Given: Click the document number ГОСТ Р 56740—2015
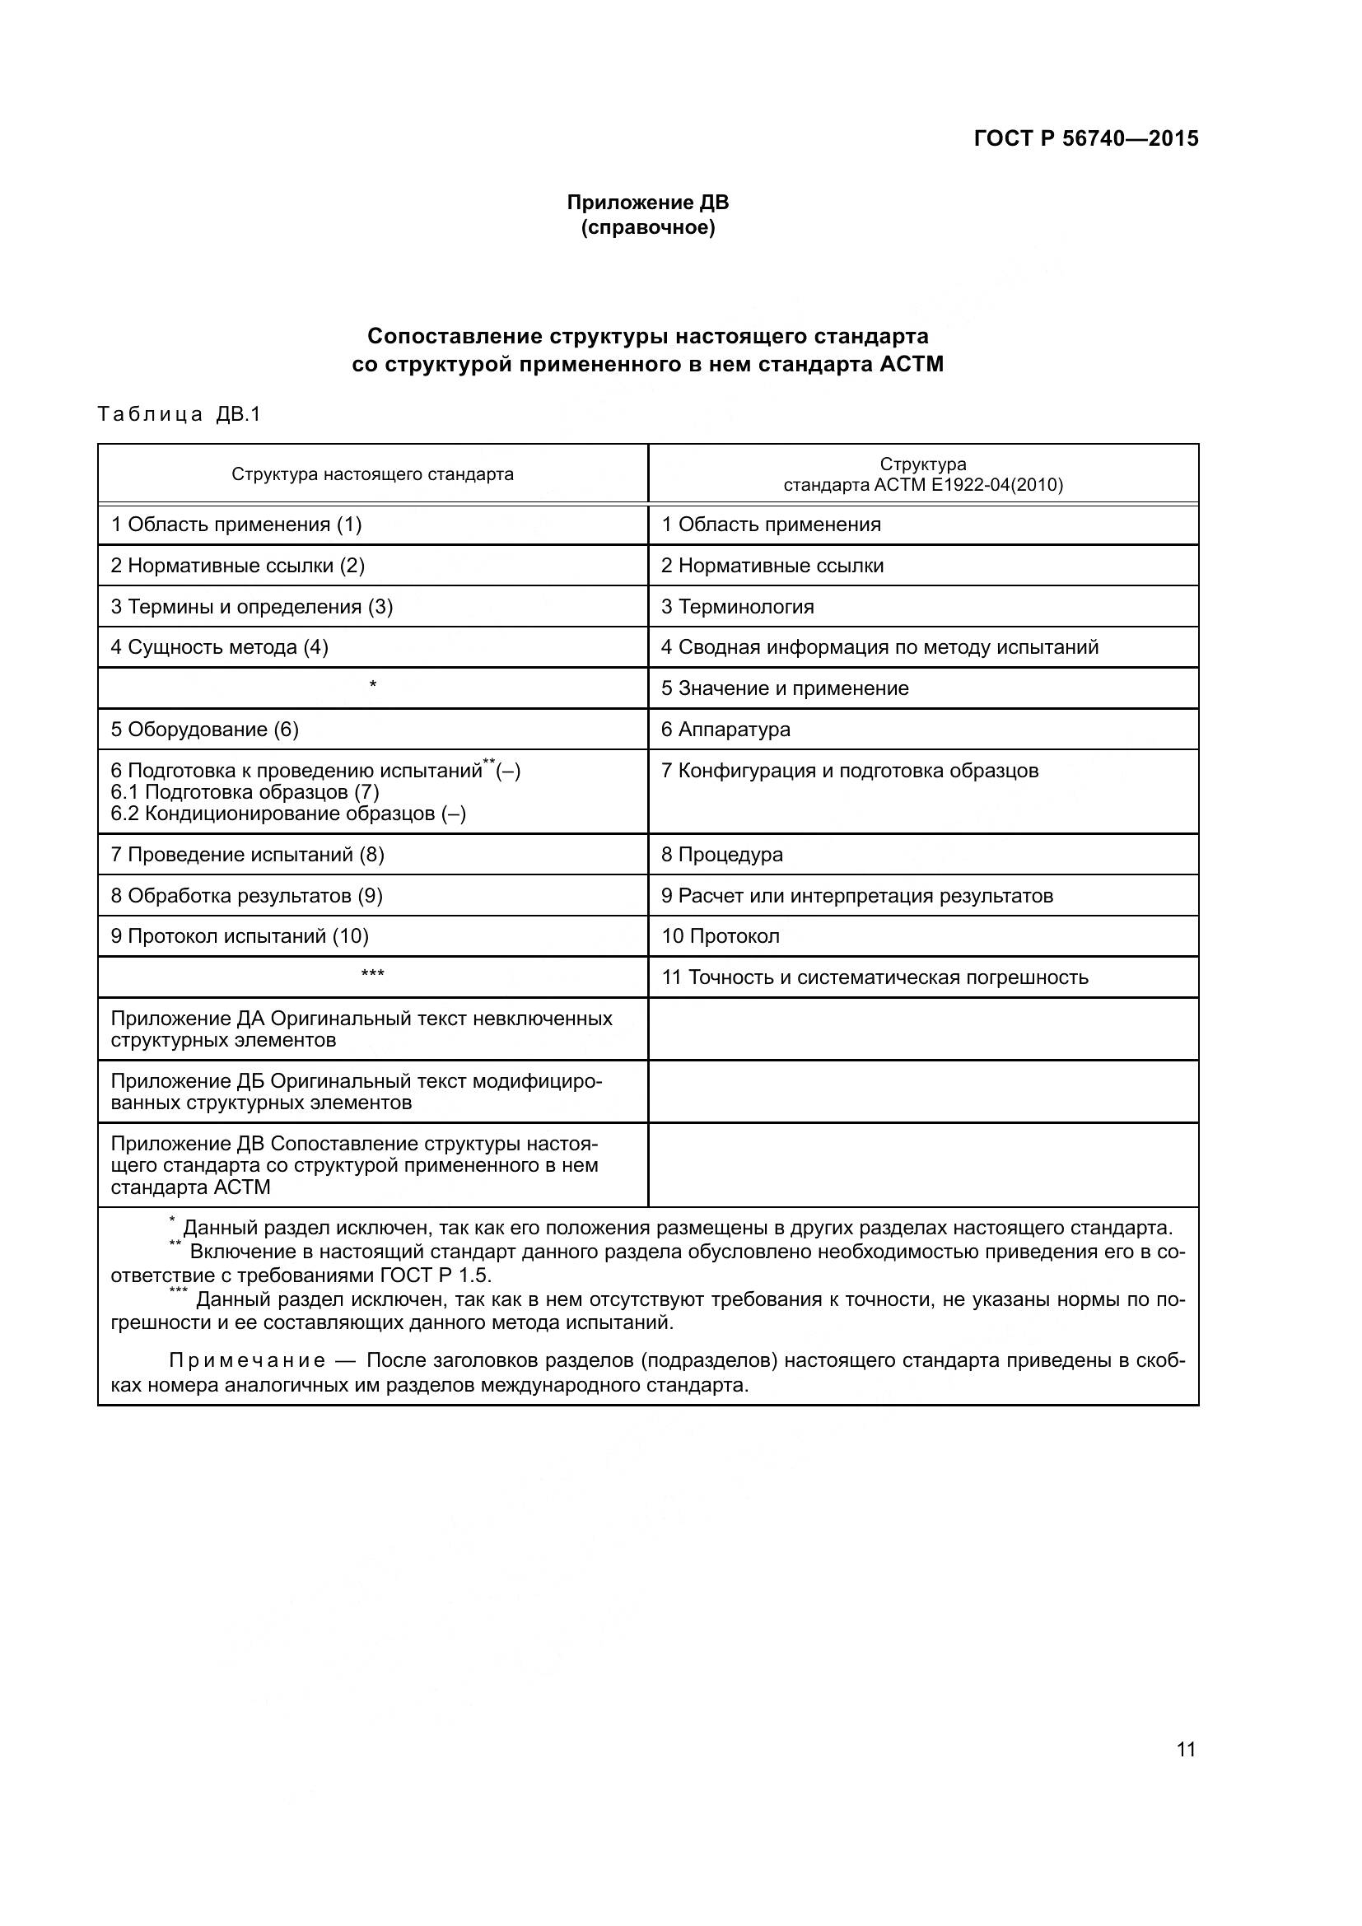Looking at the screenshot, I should coord(1086,138).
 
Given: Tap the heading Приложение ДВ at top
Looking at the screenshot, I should coord(647,203).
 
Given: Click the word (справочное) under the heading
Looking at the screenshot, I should coord(647,227).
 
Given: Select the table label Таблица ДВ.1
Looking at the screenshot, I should coord(180,414).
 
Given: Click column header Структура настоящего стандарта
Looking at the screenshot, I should coord(372,474).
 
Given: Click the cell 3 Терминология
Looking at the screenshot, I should coord(737,607).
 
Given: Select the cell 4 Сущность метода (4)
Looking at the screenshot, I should coord(220,646).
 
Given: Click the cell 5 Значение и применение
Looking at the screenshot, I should coord(785,688).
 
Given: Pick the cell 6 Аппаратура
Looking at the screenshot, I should coord(725,729).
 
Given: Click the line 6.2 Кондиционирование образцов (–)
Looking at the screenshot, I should coord(288,814).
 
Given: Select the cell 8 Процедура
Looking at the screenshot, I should coord(722,854).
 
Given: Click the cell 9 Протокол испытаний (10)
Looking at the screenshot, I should coord(240,935).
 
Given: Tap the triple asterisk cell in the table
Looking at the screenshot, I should coord(372,974).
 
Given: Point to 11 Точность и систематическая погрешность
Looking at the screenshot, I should coord(875,977).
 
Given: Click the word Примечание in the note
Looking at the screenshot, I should coord(246,1360).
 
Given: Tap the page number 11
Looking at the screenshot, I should coord(1186,1749).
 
